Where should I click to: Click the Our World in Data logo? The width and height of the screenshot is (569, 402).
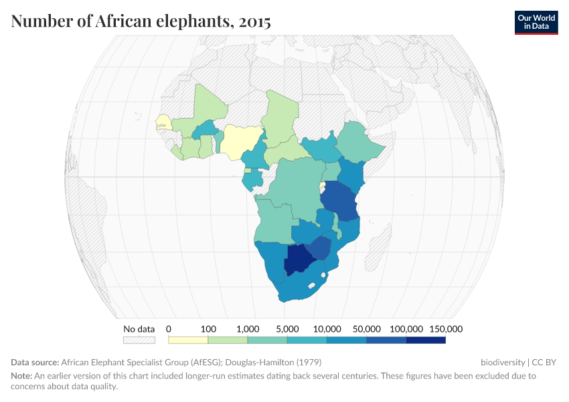(x=536, y=22)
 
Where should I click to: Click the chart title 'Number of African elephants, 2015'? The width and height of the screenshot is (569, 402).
(x=141, y=21)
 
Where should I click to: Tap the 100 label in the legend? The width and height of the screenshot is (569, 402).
(x=208, y=329)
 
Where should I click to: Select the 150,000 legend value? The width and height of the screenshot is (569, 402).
(x=446, y=329)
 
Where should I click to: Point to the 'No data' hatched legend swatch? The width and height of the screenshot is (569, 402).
(x=139, y=340)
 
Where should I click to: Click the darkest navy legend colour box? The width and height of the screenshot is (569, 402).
(x=426, y=340)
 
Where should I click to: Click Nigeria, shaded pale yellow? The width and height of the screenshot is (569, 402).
(x=240, y=139)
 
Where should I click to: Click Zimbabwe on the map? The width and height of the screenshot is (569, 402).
(x=320, y=247)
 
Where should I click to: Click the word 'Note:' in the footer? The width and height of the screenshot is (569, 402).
(x=23, y=376)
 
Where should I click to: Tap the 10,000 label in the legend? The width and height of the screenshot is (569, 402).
(x=327, y=329)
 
